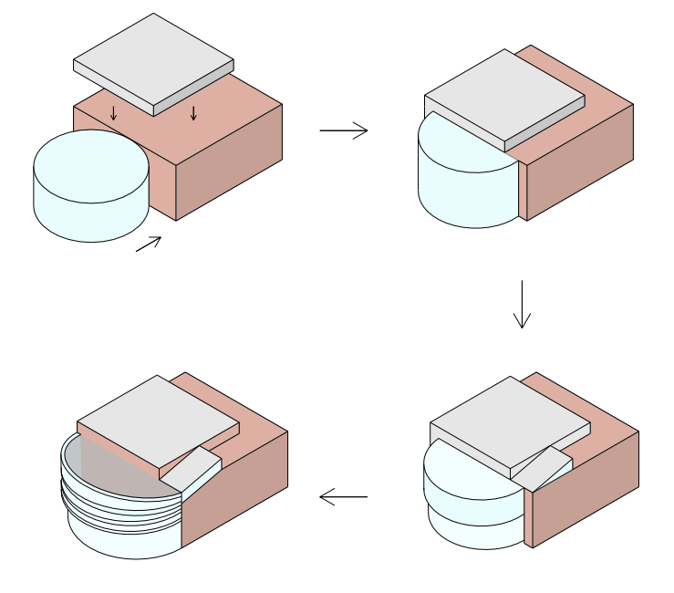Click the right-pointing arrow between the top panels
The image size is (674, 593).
click(x=344, y=130)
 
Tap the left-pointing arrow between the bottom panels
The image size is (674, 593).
click(x=343, y=497)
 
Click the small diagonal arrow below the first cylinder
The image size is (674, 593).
click(x=149, y=244)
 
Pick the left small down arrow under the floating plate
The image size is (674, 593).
click(x=113, y=113)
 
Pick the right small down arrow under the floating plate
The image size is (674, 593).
click(x=193, y=113)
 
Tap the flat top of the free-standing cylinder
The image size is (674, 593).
click(x=91, y=165)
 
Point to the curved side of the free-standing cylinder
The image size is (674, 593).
click(x=91, y=219)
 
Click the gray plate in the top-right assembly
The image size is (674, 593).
click(x=504, y=95)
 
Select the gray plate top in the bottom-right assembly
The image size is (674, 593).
click(x=510, y=421)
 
